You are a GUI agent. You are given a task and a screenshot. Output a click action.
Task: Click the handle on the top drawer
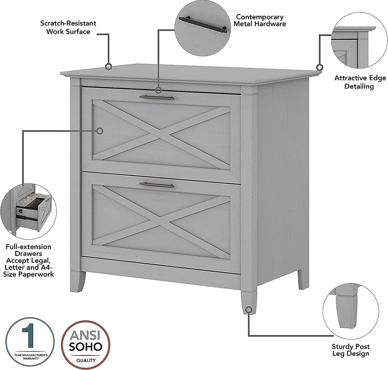click(x=156, y=97)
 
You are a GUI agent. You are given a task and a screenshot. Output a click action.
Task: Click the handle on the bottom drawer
click(x=156, y=185)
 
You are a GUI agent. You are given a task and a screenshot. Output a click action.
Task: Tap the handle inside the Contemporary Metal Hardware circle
click(x=203, y=25)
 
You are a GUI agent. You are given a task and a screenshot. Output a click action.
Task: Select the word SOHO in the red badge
click(x=86, y=347)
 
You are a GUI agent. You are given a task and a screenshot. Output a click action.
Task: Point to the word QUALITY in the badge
click(x=86, y=360)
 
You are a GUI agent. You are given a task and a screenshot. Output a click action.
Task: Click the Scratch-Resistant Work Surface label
click(x=68, y=27)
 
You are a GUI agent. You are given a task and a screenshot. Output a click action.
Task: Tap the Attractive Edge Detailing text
click(x=360, y=82)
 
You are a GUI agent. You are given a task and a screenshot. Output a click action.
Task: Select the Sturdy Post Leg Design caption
click(x=350, y=350)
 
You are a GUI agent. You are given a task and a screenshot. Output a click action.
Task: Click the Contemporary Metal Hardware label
click(x=259, y=20)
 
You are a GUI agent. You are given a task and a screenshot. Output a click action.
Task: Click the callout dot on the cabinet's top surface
click(x=109, y=66)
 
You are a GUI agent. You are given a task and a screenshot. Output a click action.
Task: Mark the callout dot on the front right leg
click(x=249, y=310)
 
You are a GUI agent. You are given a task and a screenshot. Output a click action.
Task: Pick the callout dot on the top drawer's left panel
click(x=100, y=131)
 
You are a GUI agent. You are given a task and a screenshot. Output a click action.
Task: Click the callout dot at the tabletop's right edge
click(x=319, y=67)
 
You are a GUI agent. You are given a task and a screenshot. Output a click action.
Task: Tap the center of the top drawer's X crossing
click(x=161, y=134)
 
